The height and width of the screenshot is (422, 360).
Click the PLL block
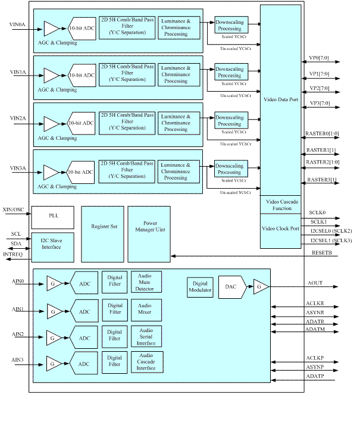53,217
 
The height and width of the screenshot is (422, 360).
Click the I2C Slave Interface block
53,245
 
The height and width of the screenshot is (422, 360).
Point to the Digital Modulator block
199,287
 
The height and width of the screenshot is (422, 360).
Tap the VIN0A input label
18,25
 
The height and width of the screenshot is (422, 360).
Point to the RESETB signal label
322,252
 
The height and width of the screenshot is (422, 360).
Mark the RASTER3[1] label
321,179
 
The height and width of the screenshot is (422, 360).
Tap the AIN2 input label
18,334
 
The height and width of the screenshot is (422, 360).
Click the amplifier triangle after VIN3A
51,172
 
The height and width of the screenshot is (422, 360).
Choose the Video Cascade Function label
280,204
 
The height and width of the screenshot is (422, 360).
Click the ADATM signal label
315,329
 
